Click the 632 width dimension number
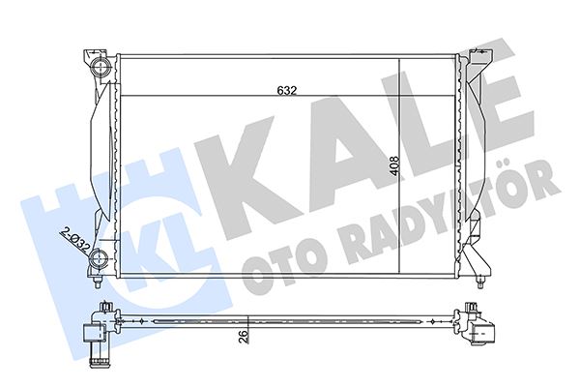click(x=285, y=90)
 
